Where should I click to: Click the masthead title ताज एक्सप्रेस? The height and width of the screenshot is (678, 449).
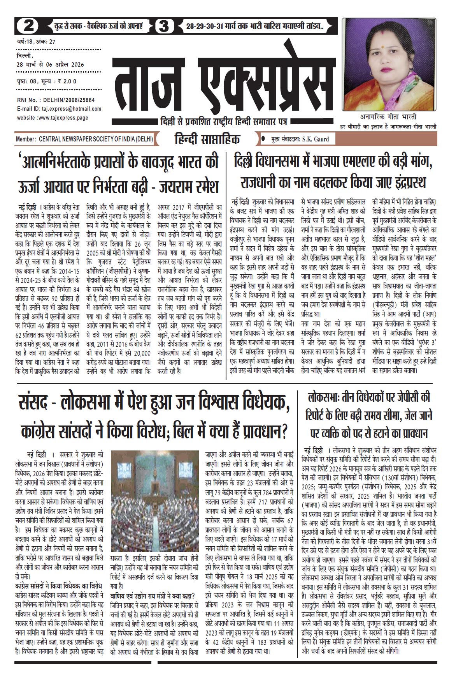(x=219, y=83)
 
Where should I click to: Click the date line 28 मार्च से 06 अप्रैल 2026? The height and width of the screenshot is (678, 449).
(x=50, y=64)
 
